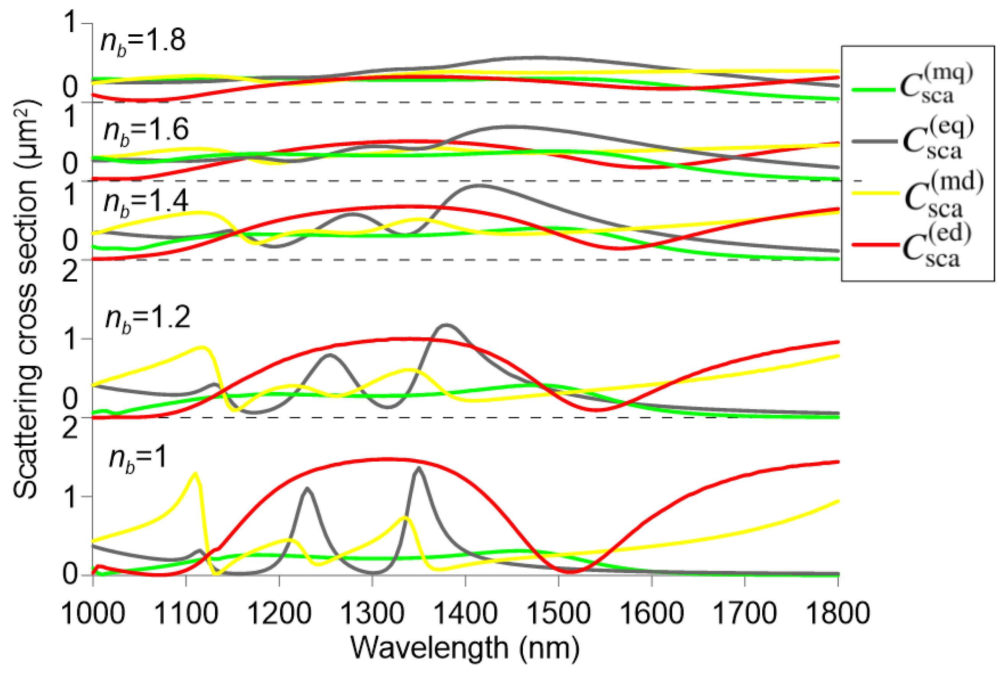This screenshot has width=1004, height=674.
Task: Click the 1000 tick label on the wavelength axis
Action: coord(93,613)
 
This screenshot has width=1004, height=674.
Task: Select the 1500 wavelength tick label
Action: coord(558,613)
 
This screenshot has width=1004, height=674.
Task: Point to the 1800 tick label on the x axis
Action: coord(837,613)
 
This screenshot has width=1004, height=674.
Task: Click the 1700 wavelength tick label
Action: coord(745,613)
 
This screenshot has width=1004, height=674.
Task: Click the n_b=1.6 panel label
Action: coord(146,131)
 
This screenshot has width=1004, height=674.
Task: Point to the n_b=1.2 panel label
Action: coord(148,319)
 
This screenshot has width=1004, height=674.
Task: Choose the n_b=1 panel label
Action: coord(138,460)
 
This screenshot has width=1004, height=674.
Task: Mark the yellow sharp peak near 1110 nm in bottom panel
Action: coord(196,474)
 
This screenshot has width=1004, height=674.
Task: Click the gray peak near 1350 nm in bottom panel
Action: coord(418,468)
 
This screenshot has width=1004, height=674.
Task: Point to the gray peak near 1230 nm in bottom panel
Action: coord(307,489)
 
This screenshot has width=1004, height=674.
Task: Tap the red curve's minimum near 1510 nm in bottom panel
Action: coord(570,572)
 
